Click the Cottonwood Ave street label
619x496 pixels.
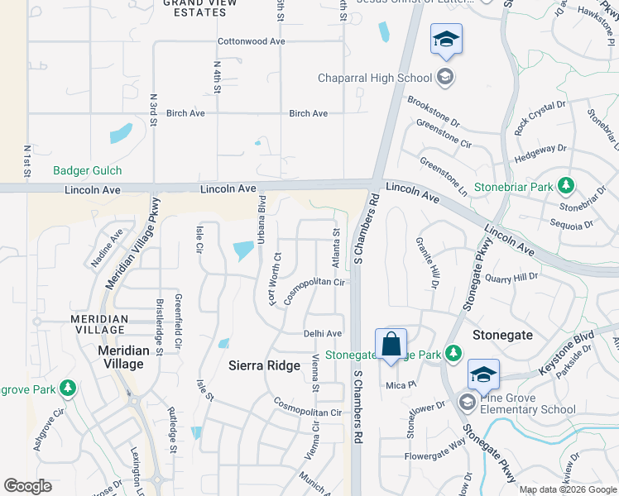tap(251, 41)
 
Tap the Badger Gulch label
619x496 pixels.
tap(87, 171)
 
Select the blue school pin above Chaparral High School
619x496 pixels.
tap(446, 41)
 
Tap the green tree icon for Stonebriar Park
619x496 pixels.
tap(566, 185)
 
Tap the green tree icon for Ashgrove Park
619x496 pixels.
tap(68, 387)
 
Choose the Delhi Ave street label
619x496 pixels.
tap(323, 334)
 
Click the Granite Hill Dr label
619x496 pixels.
tap(432, 262)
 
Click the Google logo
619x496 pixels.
tap(28, 486)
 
